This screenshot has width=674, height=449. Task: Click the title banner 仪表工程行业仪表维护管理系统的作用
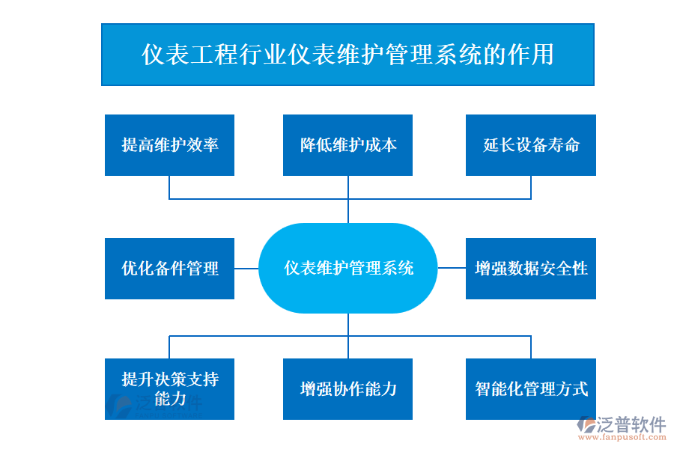point(347,55)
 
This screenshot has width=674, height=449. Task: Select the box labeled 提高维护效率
point(169,145)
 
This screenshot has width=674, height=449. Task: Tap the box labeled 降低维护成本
point(347,145)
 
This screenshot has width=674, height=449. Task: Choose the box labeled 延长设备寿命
point(530,145)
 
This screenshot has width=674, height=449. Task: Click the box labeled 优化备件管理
point(169,268)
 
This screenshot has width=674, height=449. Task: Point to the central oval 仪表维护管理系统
point(347,268)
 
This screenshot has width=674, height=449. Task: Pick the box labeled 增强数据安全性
point(530,268)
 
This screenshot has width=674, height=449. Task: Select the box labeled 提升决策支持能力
point(169,388)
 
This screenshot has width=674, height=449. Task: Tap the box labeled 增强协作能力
point(347,388)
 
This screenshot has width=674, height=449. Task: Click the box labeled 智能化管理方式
point(530,388)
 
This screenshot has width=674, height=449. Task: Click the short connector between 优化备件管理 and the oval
point(246,268)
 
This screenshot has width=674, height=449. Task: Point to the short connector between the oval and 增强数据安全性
point(452,268)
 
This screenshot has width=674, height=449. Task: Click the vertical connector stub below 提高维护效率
point(169,187)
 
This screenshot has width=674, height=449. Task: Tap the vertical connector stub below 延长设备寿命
point(531,187)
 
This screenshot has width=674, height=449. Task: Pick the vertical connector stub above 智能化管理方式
point(531,347)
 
